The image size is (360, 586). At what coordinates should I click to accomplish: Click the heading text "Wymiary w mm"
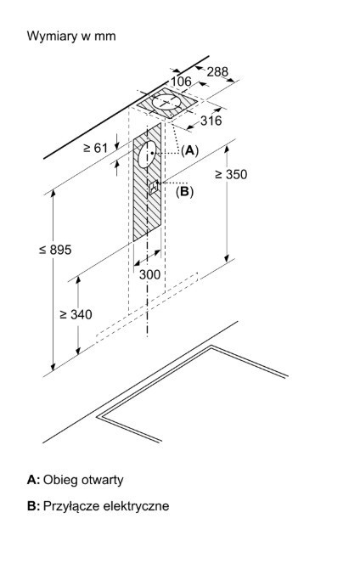coord(71,37)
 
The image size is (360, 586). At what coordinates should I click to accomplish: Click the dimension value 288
coord(217,71)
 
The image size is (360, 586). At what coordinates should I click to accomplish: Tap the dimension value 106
coord(181,81)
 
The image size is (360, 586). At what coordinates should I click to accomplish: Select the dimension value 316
coord(211,121)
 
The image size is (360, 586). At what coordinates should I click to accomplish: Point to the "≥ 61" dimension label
coord(96,148)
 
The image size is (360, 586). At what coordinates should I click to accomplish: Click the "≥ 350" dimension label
coord(231,174)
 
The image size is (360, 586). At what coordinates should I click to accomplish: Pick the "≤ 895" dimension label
coord(55,250)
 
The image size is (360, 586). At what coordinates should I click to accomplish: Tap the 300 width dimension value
coord(149,274)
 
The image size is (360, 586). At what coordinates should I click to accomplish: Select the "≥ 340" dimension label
coord(76,314)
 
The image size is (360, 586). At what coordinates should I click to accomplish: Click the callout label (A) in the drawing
coord(189,150)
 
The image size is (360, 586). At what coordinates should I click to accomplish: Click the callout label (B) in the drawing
coord(185,191)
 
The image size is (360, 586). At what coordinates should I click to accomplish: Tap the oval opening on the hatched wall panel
coord(147,154)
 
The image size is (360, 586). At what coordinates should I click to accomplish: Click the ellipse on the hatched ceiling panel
coord(166,102)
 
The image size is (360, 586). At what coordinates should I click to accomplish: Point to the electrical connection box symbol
coord(154,187)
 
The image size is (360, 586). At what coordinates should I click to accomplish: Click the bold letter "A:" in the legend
coord(33,480)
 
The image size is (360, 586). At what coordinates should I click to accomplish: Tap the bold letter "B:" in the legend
coord(33,506)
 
